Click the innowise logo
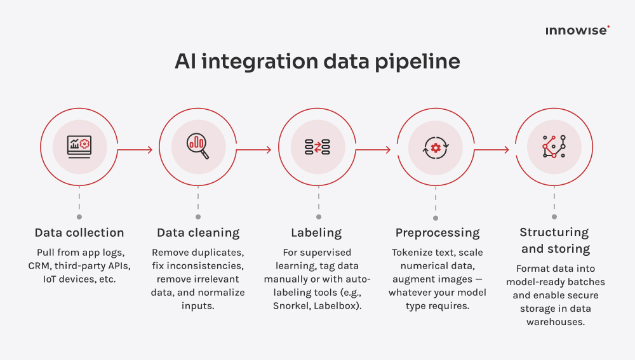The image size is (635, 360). tap(577, 30)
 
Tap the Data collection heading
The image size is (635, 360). tap(79, 232)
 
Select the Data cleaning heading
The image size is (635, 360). tap(198, 232)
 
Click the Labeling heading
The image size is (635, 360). tap(316, 232)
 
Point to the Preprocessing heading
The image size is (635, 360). tap(438, 232)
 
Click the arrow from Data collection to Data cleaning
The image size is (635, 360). tap(135, 150)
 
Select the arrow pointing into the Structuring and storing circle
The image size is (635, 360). tap(491, 150)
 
